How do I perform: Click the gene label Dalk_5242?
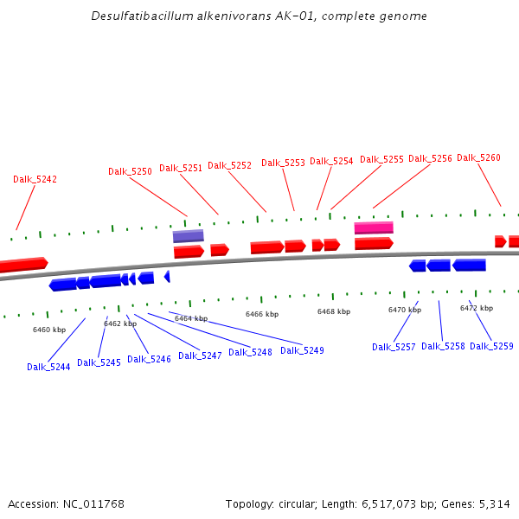[35, 180]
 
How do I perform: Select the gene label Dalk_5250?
[130, 172]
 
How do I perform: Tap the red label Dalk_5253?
[283, 163]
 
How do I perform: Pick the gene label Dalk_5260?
[478, 158]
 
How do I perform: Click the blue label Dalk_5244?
[48, 367]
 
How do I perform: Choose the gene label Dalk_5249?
[302, 351]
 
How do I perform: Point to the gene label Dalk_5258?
[443, 347]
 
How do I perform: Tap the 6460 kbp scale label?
[49, 330]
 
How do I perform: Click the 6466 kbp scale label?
[262, 314]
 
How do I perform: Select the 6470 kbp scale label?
[405, 310]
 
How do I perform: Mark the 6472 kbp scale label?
[477, 308]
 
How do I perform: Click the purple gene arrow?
[188, 236]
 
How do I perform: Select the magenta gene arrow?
[374, 228]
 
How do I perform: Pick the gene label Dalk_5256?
[430, 159]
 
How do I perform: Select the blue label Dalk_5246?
[149, 360]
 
